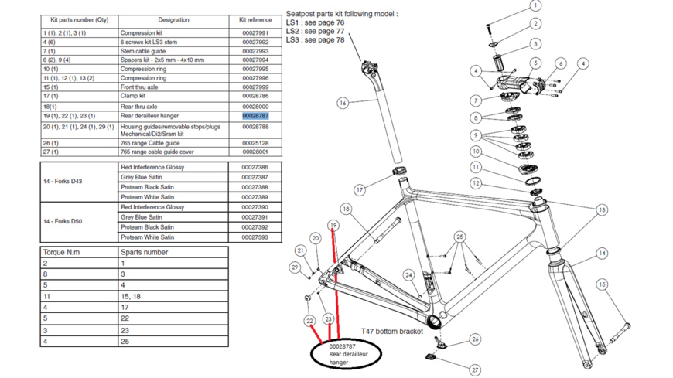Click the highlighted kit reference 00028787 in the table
(255, 116)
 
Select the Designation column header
(173, 20)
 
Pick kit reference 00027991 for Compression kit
(255, 33)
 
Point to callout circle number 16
(343, 103)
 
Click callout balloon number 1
(535, 6)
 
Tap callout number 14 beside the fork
(601, 253)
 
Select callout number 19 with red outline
(333, 226)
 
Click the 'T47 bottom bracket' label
(392, 331)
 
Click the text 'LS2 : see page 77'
(315, 32)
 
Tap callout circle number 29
(295, 267)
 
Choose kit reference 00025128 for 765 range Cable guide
(255, 143)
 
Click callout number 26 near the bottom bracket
(475, 339)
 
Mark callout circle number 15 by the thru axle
(601, 284)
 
